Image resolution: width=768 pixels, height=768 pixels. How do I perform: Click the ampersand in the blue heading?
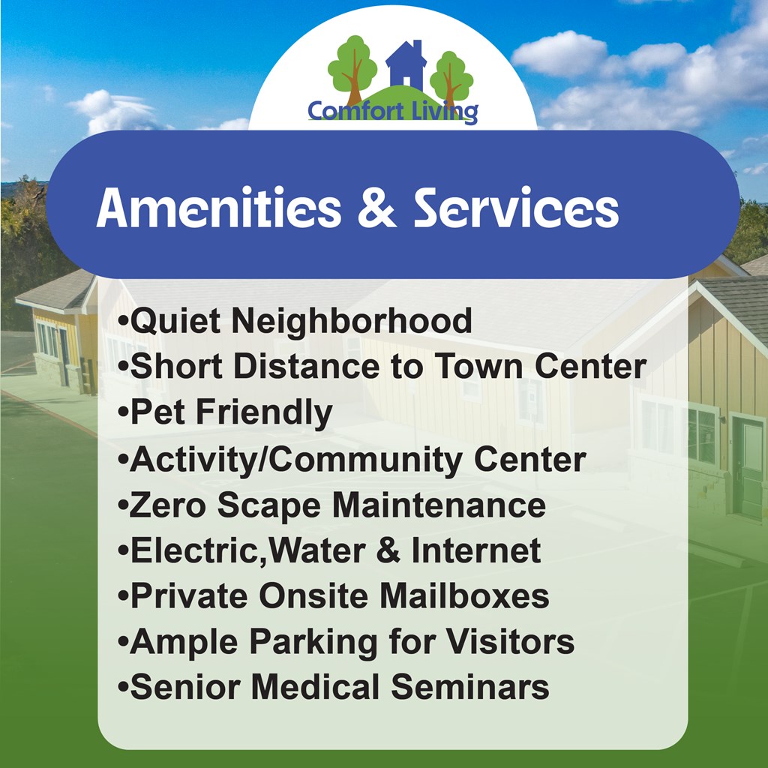(x=376, y=208)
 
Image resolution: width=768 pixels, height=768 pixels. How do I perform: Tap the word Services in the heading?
(x=516, y=208)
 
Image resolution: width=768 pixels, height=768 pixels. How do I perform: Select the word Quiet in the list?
(x=175, y=322)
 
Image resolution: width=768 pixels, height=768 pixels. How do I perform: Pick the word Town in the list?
(x=479, y=366)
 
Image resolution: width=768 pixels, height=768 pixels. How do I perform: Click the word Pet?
(x=157, y=412)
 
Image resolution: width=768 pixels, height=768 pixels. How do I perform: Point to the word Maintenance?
(x=439, y=505)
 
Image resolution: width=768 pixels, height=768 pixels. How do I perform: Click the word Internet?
(x=476, y=550)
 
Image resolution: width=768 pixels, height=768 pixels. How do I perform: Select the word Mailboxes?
(x=464, y=595)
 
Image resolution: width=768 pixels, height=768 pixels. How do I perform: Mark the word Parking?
(x=313, y=643)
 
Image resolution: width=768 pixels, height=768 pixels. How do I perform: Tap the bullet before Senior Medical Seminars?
(x=123, y=687)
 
